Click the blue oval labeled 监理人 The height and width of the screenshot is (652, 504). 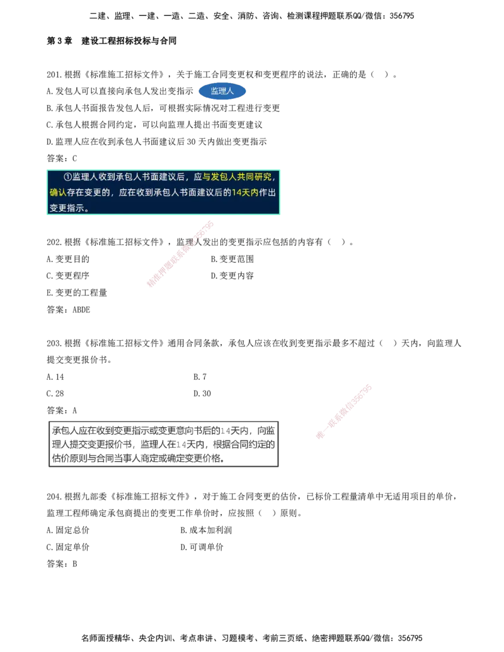[x=222, y=91]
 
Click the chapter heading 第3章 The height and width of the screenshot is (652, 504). [x=59, y=41]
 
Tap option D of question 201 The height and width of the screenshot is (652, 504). [x=157, y=142]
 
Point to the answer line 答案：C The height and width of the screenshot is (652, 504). [x=62, y=158]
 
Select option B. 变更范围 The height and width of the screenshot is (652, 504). [x=232, y=259]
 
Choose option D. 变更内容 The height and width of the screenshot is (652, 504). [x=232, y=276]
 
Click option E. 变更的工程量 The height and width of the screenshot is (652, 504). [x=77, y=293]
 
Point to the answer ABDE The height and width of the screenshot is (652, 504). [x=81, y=310]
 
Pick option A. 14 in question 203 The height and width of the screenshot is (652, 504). [x=55, y=377]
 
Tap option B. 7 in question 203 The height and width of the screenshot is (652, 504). [x=200, y=377]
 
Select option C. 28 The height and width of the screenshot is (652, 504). [x=55, y=394]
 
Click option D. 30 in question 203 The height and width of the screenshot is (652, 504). [x=202, y=394]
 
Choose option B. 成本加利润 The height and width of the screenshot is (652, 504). [x=206, y=530]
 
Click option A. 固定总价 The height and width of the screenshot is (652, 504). [x=68, y=530]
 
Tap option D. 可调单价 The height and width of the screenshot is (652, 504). [x=202, y=547]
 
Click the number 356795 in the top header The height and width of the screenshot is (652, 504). [x=402, y=16]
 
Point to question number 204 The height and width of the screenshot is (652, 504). [x=54, y=496]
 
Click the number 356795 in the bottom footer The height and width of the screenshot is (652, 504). [x=410, y=638]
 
